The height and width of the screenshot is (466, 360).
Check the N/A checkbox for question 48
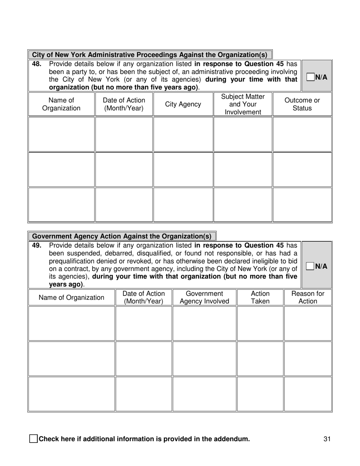[310, 77]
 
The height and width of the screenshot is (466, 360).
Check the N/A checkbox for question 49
[310, 266]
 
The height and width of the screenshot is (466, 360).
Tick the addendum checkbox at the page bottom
[33, 439]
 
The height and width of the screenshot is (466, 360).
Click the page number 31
[327, 439]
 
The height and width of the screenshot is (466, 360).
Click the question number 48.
[36, 64]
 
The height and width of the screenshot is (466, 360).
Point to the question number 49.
[36, 246]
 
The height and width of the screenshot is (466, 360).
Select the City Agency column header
[183, 104]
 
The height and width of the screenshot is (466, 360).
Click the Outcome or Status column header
[302, 104]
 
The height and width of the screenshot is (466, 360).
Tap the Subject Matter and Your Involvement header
[243, 104]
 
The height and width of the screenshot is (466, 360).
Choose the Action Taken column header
[260, 297]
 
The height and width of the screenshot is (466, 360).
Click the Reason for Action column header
[308, 297]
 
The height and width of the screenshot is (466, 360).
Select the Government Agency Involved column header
[204, 297]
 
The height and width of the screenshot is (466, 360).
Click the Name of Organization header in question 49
[71, 297]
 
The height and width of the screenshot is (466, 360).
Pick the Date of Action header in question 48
[124, 104]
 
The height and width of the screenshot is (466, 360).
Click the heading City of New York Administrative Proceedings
[150, 55]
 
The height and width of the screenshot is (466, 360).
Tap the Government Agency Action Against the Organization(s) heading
[122, 236]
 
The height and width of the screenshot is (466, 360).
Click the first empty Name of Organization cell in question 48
[61, 134]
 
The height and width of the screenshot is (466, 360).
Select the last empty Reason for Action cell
[308, 394]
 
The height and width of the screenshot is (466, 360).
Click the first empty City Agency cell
[183, 134]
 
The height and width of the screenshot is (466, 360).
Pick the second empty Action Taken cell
[260, 358]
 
